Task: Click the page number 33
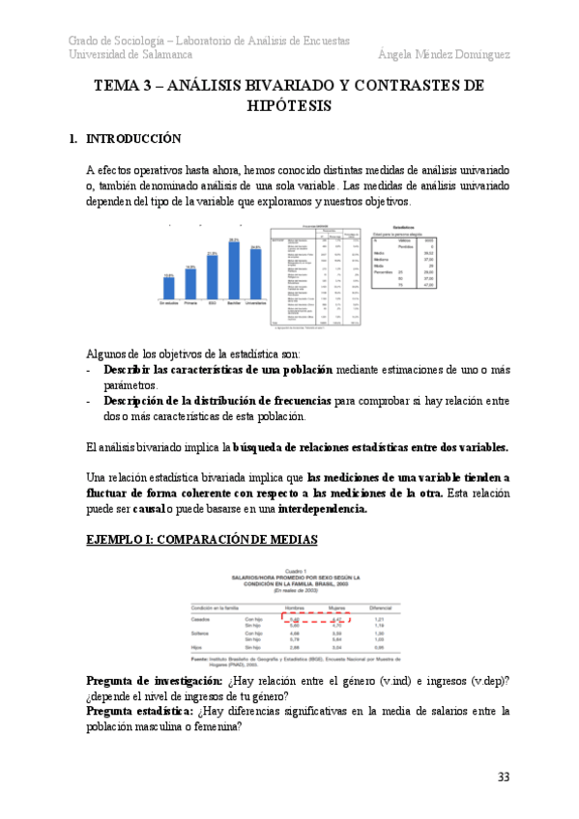pyautogui.click(x=503, y=777)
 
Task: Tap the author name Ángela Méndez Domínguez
pyautogui.click(x=444, y=55)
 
